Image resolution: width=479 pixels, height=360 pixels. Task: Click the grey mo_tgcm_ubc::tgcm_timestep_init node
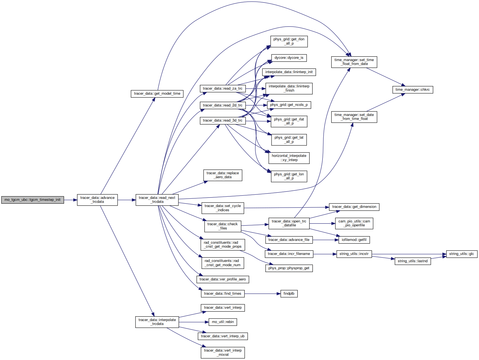coord(32,200)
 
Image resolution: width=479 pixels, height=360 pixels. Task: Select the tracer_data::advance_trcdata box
coord(97,200)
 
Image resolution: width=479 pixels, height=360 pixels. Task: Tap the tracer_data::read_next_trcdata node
coord(157,200)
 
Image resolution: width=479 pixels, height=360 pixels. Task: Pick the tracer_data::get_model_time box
coord(157,94)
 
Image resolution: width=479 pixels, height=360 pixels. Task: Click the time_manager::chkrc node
coord(413,90)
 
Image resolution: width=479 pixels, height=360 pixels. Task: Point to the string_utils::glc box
coord(462,254)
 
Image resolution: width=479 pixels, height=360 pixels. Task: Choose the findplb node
coord(289,294)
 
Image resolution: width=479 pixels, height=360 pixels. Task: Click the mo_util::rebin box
coord(223,322)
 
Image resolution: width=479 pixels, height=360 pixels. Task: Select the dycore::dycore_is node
coord(289,58)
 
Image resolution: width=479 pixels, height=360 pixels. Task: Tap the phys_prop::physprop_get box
coord(289,268)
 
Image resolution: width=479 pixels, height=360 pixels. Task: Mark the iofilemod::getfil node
coord(354,240)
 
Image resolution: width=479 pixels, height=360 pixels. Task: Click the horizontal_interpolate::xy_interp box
coord(289,158)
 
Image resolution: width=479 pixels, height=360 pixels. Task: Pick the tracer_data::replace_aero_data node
coord(223,175)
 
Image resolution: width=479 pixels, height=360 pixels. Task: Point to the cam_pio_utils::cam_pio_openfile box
coord(354,223)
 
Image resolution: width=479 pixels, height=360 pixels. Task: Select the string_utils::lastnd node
coord(413,261)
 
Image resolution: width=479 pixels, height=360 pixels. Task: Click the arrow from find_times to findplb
coord(263,294)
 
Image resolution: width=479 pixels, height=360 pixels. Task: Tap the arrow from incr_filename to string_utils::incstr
coord(325,254)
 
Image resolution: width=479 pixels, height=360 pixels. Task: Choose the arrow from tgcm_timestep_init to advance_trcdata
coord(71,200)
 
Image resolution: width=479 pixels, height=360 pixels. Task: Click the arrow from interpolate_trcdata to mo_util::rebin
coord(194,322)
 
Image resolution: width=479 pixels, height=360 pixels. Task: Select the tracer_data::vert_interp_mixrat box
coord(223,352)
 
